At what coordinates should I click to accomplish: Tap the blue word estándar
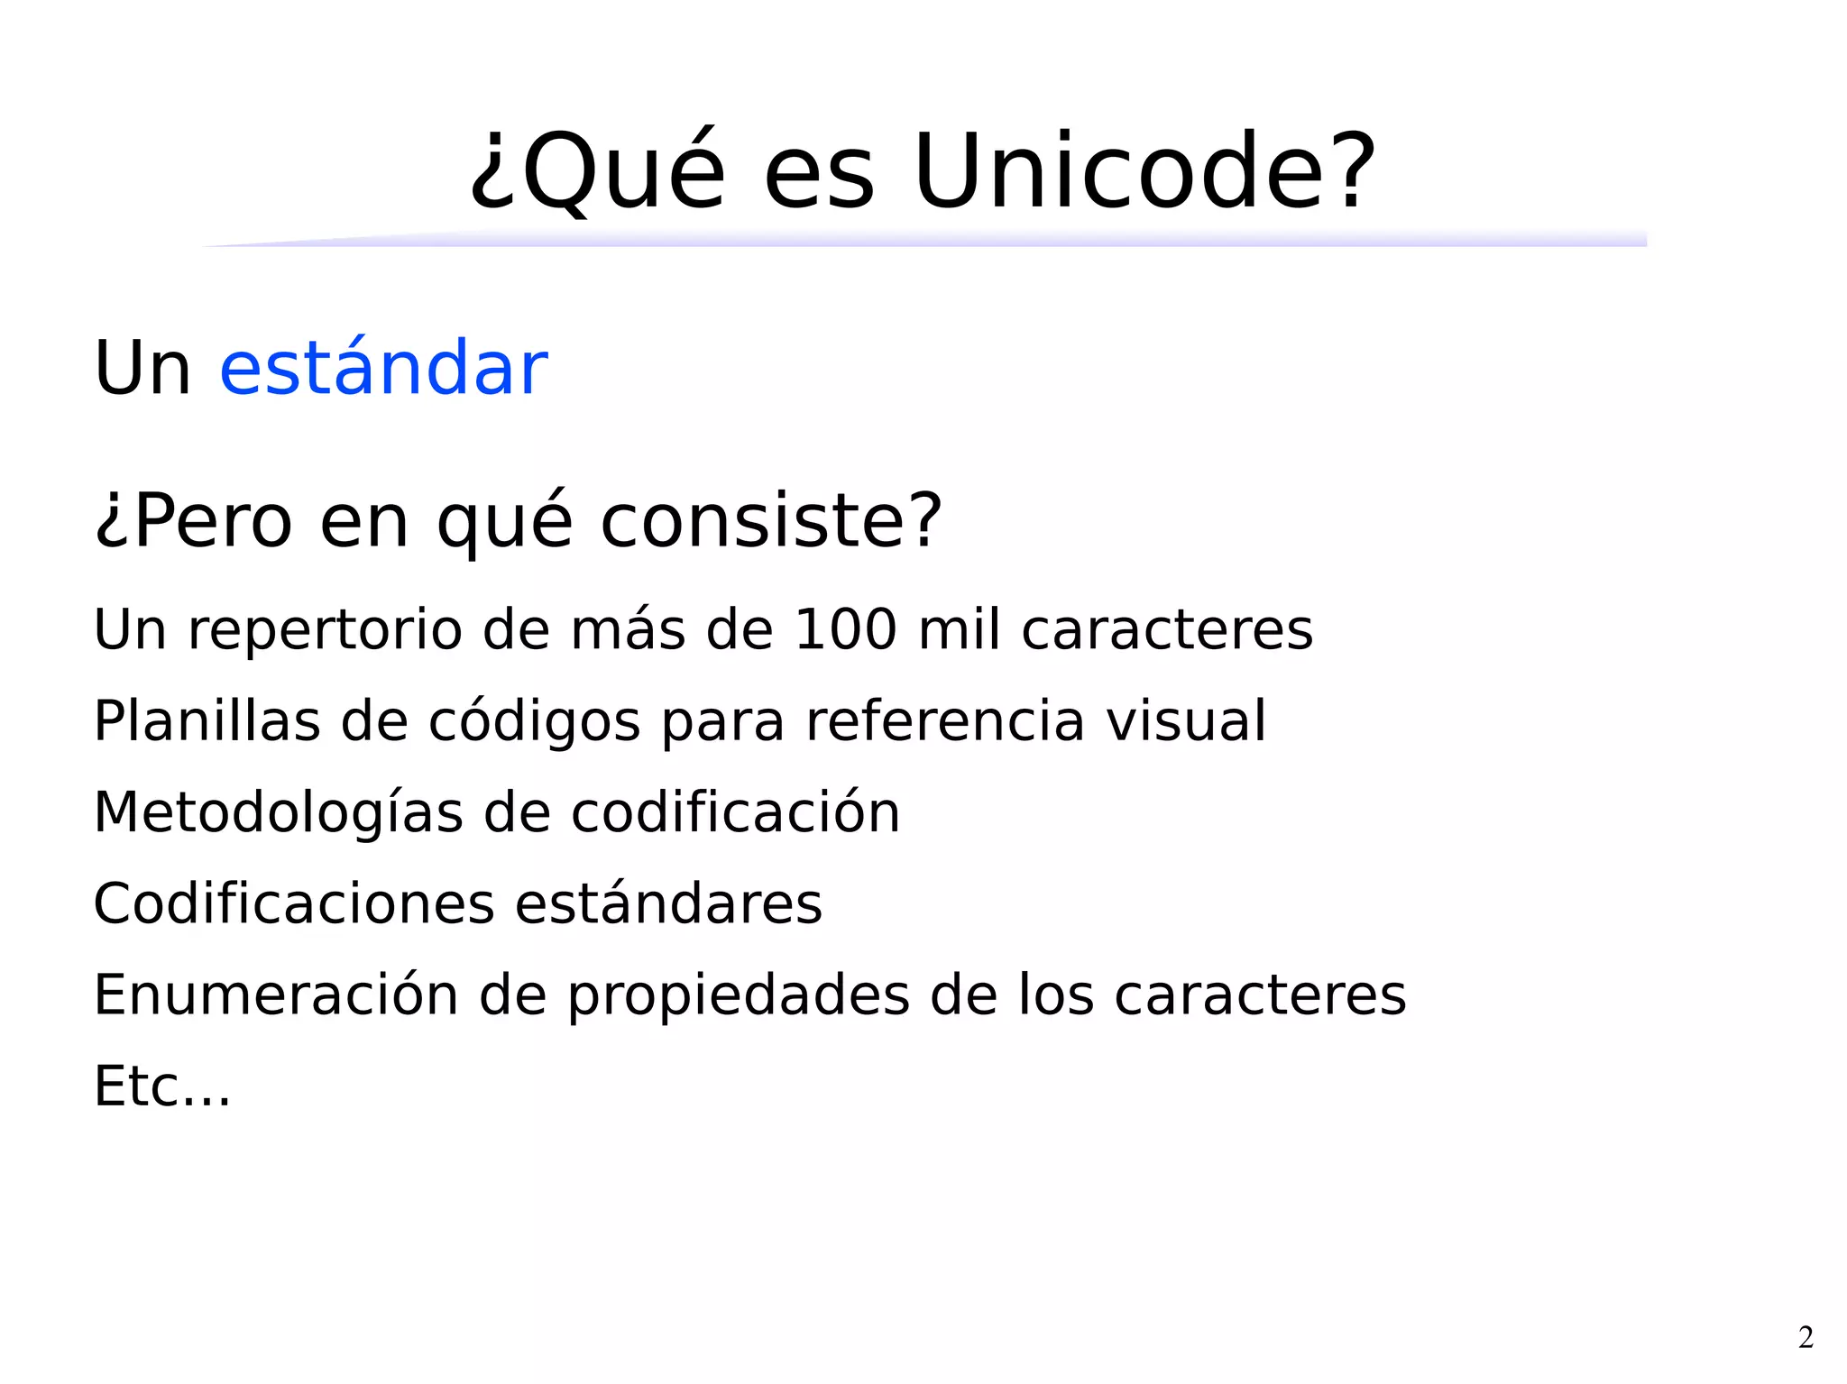[383, 368]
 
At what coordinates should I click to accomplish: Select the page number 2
[1806, 1337]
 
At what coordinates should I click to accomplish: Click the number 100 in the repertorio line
[845, 629]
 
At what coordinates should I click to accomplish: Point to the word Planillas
[207, 721]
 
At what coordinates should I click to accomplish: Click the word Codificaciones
[294, 904]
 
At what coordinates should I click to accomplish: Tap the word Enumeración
[276, 995]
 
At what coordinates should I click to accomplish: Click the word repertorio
[325, 631]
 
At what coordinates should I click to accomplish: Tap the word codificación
[735, 813]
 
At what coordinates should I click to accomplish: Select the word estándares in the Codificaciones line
[668, 904]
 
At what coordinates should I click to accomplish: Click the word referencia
[944, 721]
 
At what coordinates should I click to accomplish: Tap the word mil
[959, 629]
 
